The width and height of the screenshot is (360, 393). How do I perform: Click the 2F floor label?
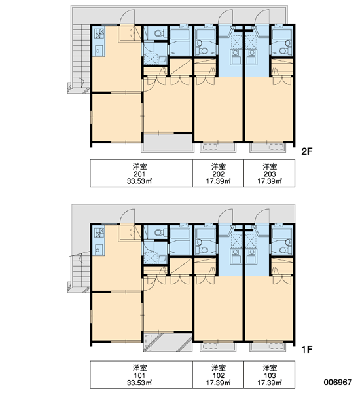click(307, 151)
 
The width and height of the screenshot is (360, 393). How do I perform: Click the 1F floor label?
click(307, 349)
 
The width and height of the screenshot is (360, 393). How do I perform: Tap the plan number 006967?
click(338, 383)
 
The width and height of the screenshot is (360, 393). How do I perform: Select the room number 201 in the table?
click(139, 174)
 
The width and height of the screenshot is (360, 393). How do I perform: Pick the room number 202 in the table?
click(218, 174)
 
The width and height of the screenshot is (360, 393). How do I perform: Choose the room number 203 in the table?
click(270, 174)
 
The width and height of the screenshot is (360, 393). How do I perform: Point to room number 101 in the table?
click(139, 375)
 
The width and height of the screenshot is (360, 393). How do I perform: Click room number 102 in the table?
click(218, 375)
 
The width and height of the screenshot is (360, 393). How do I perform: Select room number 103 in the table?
click(270, 375)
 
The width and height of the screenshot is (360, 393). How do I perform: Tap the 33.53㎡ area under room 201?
click(139, 181)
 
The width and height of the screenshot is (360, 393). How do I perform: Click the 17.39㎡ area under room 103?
click(270, 383)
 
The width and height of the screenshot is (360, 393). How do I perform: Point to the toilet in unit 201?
click(160, 33)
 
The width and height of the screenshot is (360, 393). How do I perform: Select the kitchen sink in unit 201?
click(98, 50)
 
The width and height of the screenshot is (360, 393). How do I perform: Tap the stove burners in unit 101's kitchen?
click(99, 233)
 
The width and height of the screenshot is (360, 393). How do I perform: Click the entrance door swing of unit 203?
click(262, 17)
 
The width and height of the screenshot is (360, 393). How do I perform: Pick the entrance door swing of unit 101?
click(127, 216)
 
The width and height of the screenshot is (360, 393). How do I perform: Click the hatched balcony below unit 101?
click(168, 343)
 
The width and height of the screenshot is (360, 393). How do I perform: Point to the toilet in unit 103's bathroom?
click(285, 250)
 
